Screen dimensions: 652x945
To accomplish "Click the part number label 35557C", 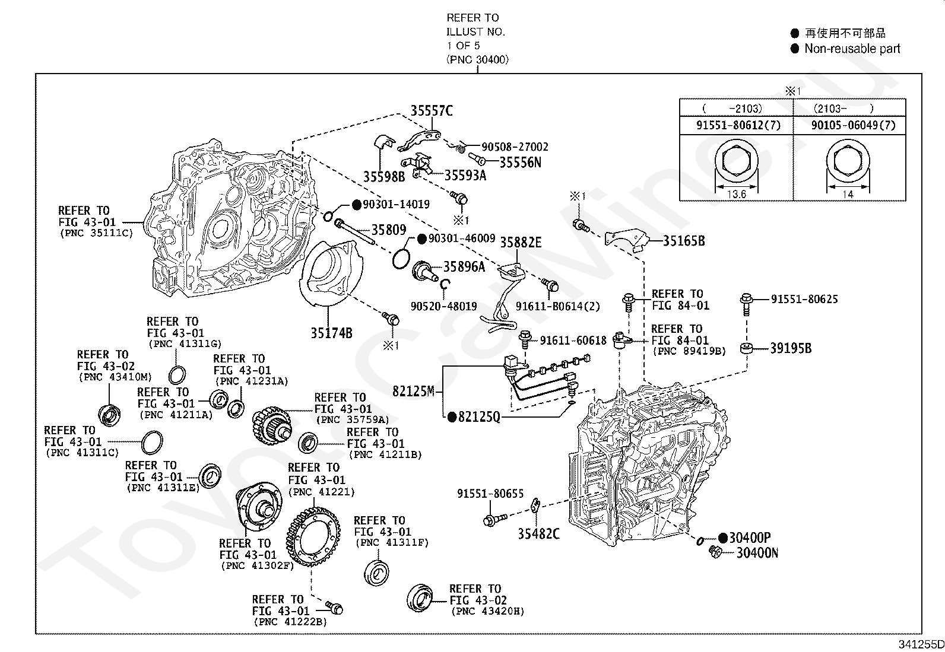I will coord(432,110).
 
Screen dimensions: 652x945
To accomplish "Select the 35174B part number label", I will coord(331,333).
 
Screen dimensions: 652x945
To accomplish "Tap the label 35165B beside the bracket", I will coord(684,241).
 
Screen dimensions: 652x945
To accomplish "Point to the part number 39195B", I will coord(791,348).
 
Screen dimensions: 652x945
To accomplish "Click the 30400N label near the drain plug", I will coord(757,553).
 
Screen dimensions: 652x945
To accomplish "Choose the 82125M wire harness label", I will coord(413,392).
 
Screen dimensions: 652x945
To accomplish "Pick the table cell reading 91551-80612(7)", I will coord(736,125).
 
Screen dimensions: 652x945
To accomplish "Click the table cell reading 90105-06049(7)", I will coord(849,125).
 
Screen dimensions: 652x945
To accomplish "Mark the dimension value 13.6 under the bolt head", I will coord(736,194).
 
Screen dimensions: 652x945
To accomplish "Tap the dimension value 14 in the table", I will coord(848,194).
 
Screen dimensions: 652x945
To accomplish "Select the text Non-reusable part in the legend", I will coord(852,49).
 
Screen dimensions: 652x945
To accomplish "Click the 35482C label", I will coord(538,534).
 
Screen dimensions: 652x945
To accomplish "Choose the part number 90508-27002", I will coord(515,147).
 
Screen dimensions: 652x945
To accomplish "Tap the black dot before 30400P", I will coord(722,537).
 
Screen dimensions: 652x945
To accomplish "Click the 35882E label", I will coord(521,243).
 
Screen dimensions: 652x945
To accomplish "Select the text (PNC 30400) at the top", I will coord(477,59).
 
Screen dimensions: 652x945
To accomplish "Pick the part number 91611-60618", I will coord(573,341).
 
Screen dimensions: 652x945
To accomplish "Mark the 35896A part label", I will coord(464,267).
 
